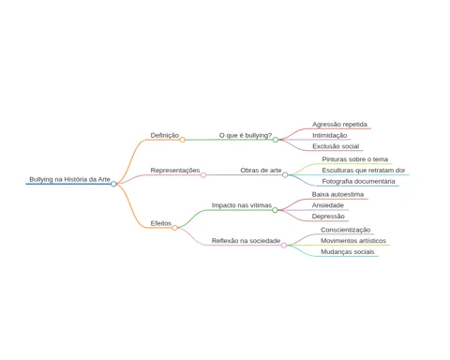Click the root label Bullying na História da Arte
point(69,179)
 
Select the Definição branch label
point(165,135)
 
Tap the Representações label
point(175,171)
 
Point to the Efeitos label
point(161,223)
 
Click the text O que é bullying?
point(246,135)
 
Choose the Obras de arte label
point(261,171)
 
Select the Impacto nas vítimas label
point(242,205)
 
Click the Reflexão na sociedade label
point(246,241)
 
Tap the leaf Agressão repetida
point(339,125)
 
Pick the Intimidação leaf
point(330,135)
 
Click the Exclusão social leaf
point(336,146)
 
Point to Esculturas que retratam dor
point(364,171)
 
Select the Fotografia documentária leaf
point(358,181)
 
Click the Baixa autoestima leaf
point(337,194)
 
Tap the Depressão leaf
point(328,217)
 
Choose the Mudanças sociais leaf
point(348,251)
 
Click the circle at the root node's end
point(113,184)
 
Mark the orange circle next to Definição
point(182,140)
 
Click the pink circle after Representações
point(203,175)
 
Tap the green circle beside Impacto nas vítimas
point(275,210)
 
